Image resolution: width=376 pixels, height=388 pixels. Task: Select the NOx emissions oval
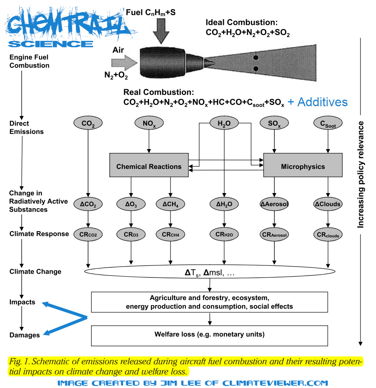[x=148, y=124]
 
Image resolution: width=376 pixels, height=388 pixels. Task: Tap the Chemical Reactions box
[x=149, y=167]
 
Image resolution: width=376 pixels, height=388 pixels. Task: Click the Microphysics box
[x=303, y=167]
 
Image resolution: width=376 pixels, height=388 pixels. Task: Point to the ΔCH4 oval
[x=170, y=204]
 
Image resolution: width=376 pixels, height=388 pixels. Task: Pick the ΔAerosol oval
[x=275, y=204]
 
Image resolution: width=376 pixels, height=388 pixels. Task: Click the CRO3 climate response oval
[x=131, y=235]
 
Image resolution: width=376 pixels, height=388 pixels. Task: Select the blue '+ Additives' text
[x=317, y=102]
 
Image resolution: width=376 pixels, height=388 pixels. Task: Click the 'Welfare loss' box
[x=209, y=334]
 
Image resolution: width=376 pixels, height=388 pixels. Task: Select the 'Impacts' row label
[x=23, y=302]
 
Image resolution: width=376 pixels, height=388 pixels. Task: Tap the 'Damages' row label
[x=25, y=335]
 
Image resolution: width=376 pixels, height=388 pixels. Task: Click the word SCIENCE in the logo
[x=51, y=43]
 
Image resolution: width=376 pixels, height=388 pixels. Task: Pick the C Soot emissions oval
[x=327, y=124]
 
